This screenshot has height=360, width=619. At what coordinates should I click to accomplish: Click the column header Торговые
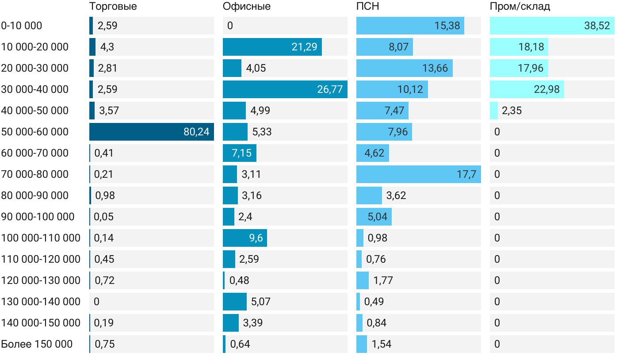(113, 7)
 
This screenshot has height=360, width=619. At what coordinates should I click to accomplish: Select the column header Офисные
(246, 7)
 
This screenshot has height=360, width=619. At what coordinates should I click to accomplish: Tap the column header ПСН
(367, 7)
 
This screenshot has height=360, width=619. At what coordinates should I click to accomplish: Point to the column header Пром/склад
(520, 7)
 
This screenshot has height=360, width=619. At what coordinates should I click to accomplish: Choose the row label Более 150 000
(36, 344)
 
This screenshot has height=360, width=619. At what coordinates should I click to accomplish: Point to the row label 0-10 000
(22, 26)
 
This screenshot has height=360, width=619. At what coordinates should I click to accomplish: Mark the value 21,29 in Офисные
(304, 47)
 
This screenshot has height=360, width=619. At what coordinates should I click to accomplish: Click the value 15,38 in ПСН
(447, 26)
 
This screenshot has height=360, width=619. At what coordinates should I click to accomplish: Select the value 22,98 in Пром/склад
(546, 89)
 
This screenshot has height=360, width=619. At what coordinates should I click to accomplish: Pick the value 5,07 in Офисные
(260, 302)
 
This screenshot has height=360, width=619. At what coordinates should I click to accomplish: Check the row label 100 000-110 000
(41, 238)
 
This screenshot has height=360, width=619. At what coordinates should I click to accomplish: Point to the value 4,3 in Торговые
(107, 47)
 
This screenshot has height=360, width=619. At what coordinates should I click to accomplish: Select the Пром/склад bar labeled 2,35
(494, 111)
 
